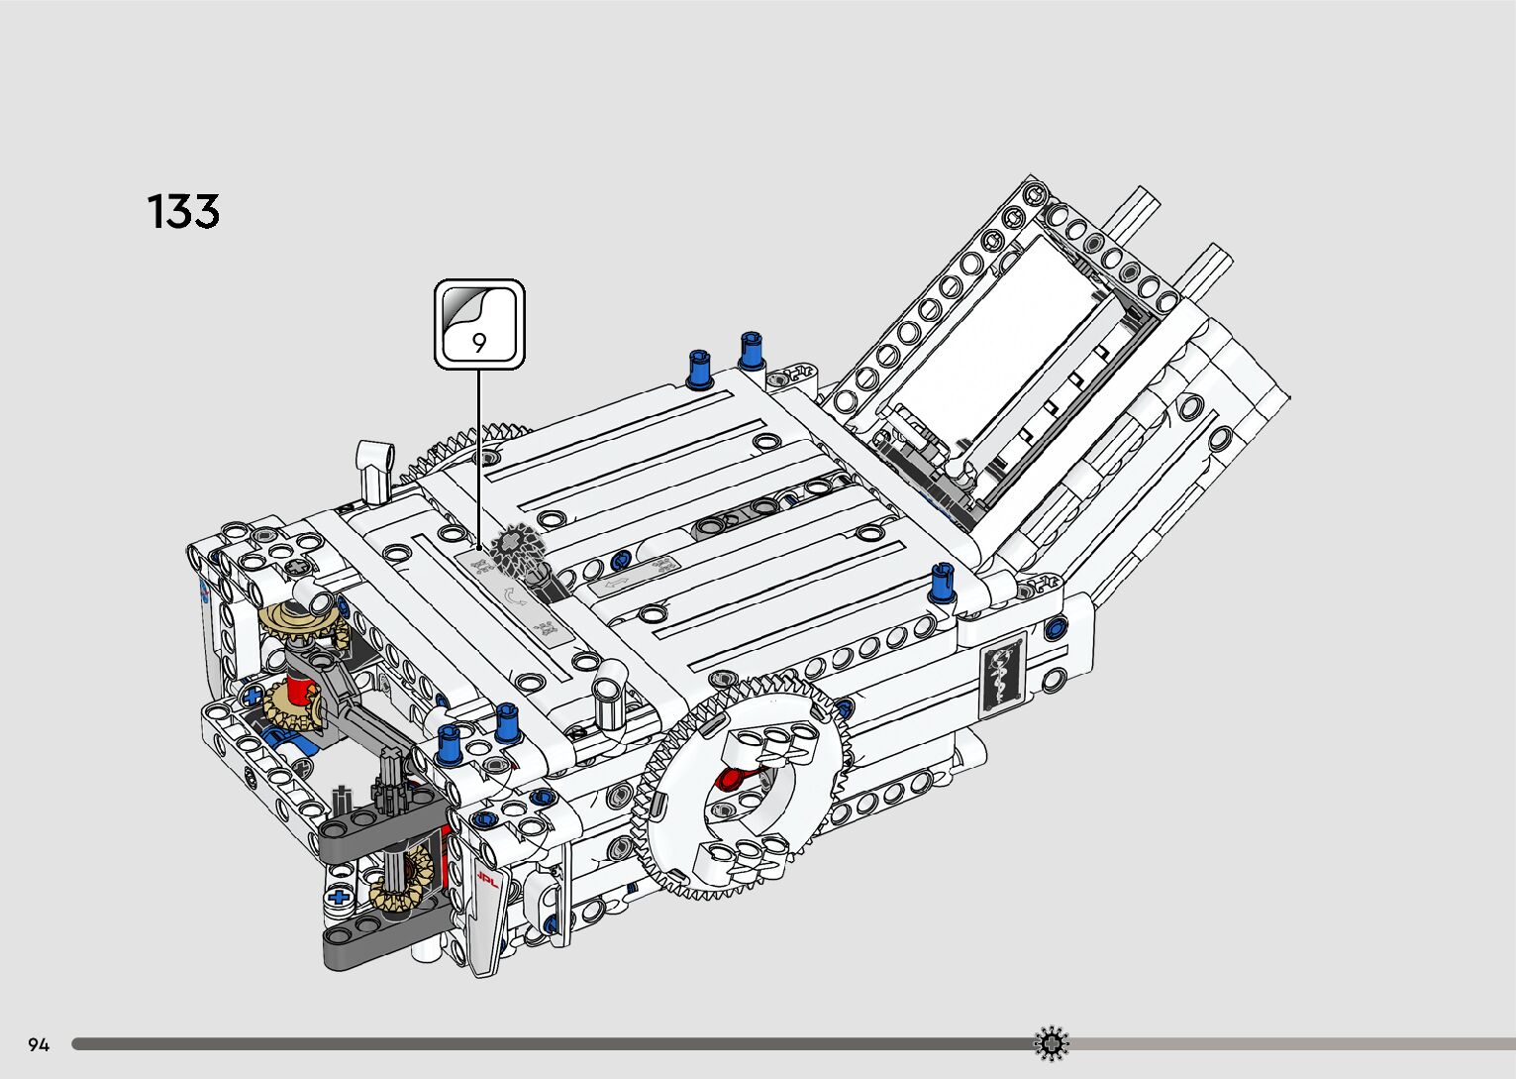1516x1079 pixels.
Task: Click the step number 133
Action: pyautogui.click(x=183, y=211)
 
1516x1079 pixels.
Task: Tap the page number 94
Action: pyautogui.click(x=39, y=1044)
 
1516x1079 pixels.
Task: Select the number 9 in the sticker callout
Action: pyautogui.click(x=479, y=343)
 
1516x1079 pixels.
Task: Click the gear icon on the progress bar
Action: pyautogui.click(x=1051, y=1043)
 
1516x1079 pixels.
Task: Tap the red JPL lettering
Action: pyautogui.click(x=487, y=880)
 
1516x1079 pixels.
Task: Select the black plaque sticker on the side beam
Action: pyautogui.click(x=1002, y=674)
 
